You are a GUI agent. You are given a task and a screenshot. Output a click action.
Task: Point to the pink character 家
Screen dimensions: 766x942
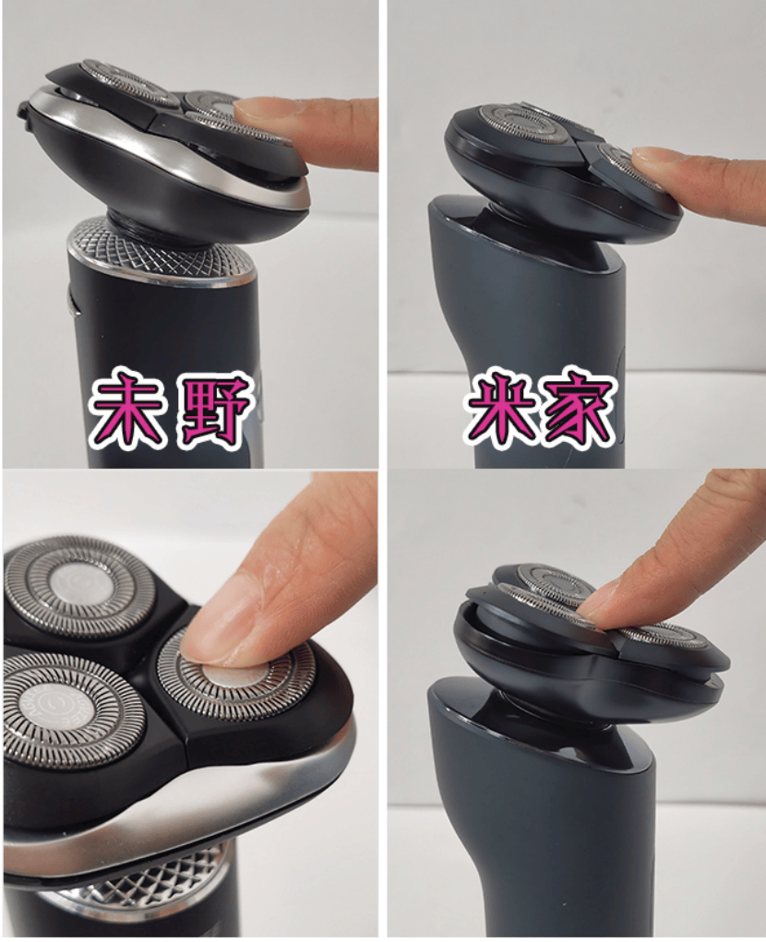coord(578,409)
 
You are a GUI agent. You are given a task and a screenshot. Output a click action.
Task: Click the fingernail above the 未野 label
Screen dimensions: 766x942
coord(258,110)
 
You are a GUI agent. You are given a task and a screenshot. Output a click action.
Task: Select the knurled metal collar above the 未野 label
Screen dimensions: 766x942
coord(162,251)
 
